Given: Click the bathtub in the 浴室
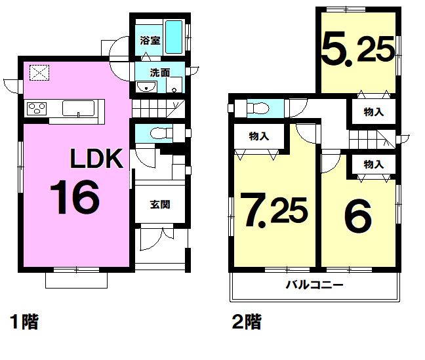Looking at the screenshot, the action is click(174, 37).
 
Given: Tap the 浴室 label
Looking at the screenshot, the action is click(150, 41).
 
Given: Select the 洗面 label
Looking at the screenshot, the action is click(160, 73).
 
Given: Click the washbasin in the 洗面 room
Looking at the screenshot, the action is click(146, 87).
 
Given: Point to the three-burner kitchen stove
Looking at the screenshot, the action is click(37, 109).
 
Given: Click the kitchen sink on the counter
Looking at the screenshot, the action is click(78, 108).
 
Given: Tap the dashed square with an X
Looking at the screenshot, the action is click(39, 72).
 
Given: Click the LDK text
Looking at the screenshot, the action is click(97, 159).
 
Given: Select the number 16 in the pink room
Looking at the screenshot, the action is click(75, 197).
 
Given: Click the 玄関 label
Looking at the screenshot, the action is click(160, 205).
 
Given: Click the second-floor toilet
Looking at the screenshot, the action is click(258, 109).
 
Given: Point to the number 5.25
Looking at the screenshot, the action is click(358, 49).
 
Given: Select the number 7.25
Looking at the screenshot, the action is click(273, 209).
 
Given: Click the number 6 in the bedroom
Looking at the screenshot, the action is click(358, 216).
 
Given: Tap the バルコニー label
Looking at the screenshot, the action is click(315, 285).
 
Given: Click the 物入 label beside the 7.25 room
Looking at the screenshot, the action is click(259, 136).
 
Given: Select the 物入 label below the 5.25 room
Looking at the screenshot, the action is click(373, 112).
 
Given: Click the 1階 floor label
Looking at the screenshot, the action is click(24, 322).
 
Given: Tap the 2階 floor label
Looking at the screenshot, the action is click(247, 322).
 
